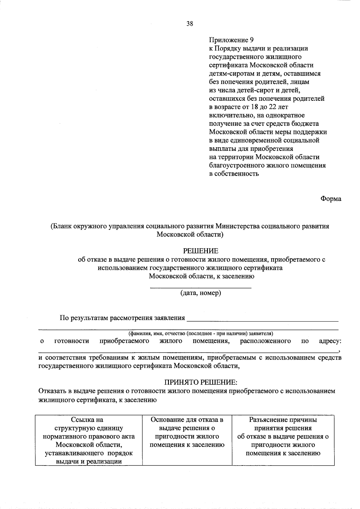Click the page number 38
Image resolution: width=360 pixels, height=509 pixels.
pos(190,24)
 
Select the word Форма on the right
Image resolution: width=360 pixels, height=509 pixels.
pos(331,199)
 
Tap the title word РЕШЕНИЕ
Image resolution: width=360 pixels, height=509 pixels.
pos(201,251)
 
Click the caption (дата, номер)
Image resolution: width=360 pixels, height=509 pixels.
pos(201,293)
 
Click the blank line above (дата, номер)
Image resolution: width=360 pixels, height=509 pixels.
pos(201,287)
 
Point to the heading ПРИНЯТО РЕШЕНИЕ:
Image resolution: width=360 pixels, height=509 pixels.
pos(201,382)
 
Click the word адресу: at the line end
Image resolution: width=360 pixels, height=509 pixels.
pos(330,341)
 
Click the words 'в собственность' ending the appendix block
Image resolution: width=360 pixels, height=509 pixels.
pos(234,174)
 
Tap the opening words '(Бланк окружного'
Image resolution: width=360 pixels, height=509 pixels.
pos(72,226)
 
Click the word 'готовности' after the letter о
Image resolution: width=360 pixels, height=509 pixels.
pos(72,341)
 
